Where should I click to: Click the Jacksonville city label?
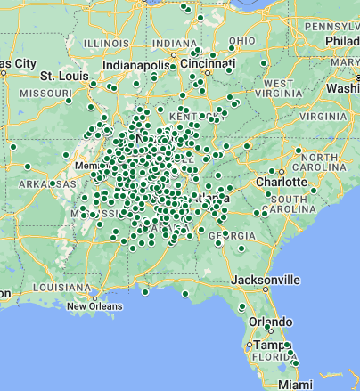266,279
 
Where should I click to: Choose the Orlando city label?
272,321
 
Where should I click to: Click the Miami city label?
294,384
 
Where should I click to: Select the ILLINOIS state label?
105,43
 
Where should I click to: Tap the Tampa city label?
267,345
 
